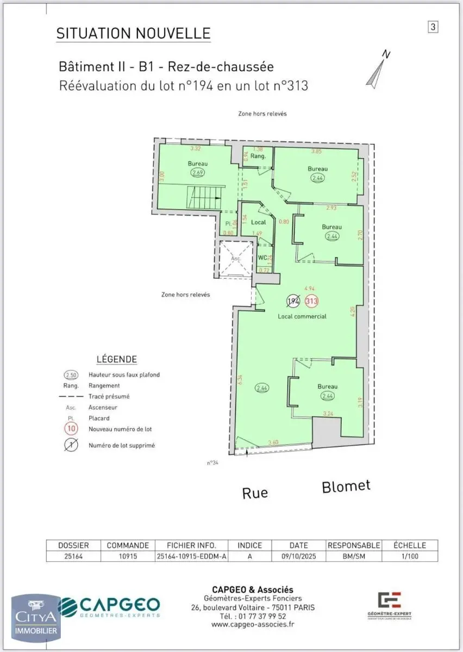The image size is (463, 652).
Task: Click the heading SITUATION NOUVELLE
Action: click(x=133, y=33)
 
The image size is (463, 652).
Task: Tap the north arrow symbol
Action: click(x=377, y=69)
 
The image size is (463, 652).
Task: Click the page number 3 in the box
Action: click(x=433, y=27)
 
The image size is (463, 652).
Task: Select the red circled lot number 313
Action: click(x=312, y=301)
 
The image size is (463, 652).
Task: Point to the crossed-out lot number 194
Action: click(x=293, y=301)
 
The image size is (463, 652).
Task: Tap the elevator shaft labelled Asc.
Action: click(x=236, y=259)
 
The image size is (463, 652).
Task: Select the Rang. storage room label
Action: click(x=258, y=156)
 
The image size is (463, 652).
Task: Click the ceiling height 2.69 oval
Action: click(x=198, y=173)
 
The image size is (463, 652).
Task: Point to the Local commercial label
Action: click(x=302, y=316)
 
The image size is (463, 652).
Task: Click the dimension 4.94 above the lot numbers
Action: click(x=310, y=289)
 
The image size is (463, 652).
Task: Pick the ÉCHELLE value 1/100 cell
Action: click(x=410, y=556)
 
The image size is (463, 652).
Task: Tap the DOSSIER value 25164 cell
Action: click(x=73, y=556)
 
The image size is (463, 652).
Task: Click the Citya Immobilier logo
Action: click(x=36, y=617)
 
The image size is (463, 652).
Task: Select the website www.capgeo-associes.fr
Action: click(x=253, y=624)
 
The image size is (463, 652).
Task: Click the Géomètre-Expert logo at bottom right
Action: click(x=389, y=605)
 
